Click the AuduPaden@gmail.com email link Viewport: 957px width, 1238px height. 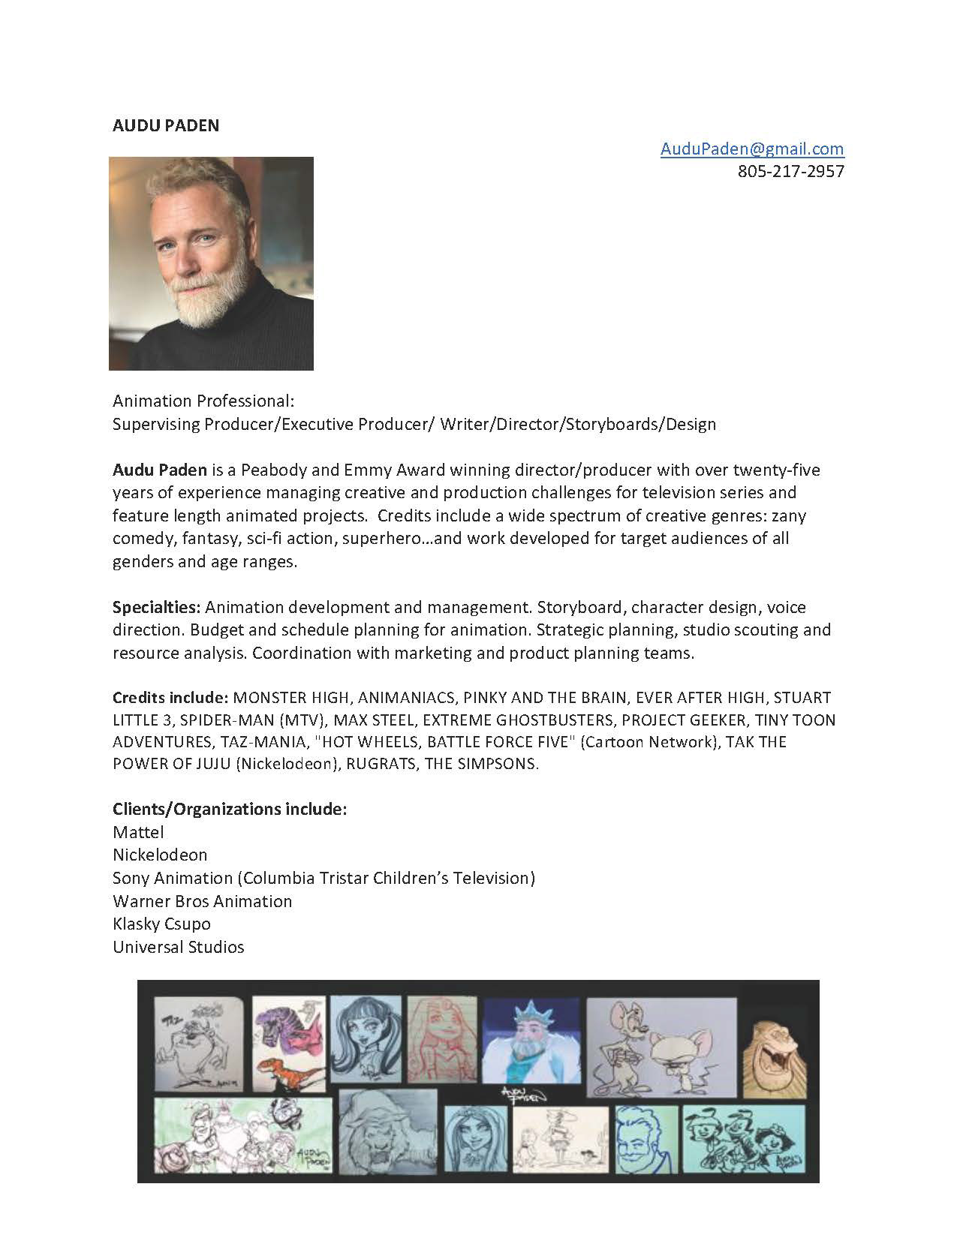pos(751,149)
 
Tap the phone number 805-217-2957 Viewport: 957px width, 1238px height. pos(790,171)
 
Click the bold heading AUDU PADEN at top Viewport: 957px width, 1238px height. pos(166,125)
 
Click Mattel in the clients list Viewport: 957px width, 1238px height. pos(138,832)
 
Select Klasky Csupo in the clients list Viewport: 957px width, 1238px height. pos(161,924)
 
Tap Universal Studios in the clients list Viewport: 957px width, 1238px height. pos(179,947)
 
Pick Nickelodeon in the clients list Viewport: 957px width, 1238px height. pos(160,855)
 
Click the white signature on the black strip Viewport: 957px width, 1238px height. pos(524,1094)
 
